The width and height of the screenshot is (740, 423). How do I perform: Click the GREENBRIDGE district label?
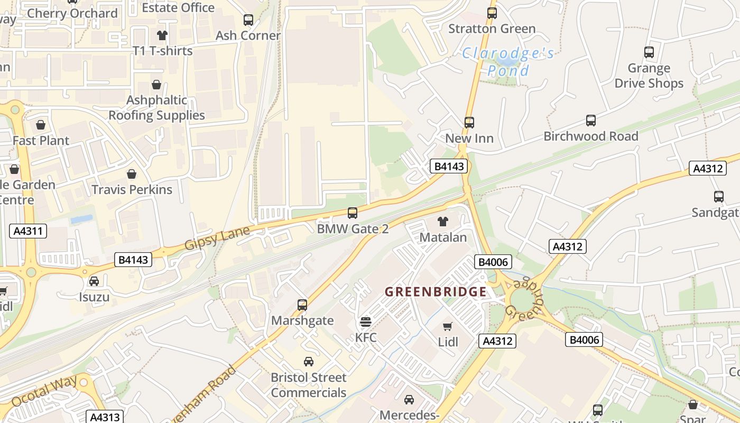pos(436,292)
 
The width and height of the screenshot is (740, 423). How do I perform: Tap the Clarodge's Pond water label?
pos(507,61)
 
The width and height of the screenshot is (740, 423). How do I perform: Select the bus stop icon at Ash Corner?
pos(248,20)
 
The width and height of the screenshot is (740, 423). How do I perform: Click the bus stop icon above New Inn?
pos(469,123)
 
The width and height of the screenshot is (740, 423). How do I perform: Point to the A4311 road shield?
pos(28,231)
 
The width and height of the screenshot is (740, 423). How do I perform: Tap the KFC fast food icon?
pos(366,321)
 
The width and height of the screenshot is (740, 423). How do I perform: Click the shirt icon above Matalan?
pos(443,222)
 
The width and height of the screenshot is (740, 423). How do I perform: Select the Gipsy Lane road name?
pos(217,237)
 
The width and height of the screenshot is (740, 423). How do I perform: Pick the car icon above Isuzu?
pos(94,281)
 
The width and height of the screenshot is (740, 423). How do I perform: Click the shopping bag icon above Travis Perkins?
pos(132,174)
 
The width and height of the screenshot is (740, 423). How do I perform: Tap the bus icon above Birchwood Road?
pos(591,121)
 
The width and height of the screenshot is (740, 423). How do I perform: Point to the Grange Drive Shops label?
pos(649,76)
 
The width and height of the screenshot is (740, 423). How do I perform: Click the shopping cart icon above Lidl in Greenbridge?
pos(448,326)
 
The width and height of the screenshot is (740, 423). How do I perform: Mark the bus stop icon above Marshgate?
pos(302,305)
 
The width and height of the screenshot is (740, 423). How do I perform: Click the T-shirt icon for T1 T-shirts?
pos(162,35)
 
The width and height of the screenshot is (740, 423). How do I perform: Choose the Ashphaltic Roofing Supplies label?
pos(156,108)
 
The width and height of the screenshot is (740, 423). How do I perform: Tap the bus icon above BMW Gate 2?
pos(353,213)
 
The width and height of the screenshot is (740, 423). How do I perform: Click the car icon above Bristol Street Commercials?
pos(309,362)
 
